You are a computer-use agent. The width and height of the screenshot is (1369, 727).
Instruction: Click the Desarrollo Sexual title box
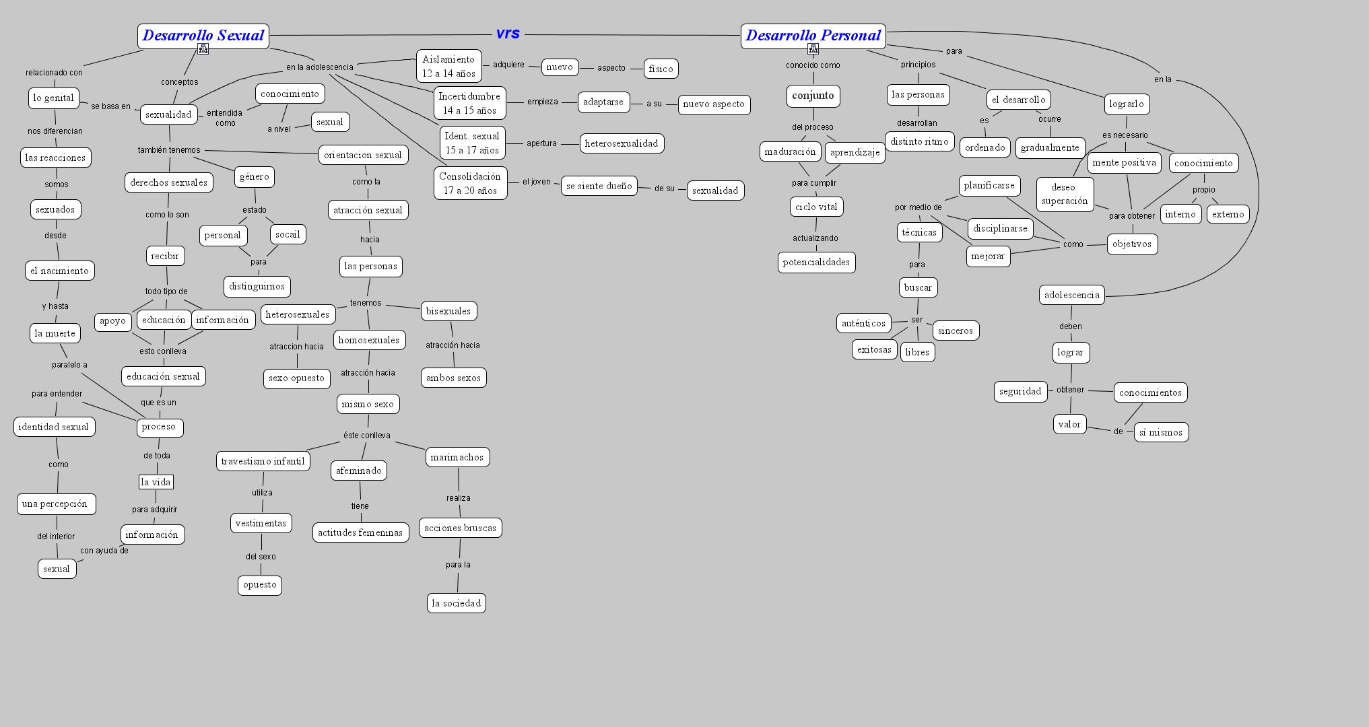pos(203,36)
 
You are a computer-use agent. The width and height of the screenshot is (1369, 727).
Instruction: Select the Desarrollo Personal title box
pos(813,36)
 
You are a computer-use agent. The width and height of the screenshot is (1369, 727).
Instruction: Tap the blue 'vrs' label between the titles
pos(508,34)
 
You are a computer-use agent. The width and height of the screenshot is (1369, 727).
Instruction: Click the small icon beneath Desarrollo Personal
pos(813,49)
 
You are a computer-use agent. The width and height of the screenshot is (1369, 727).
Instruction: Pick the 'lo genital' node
pos(54,98)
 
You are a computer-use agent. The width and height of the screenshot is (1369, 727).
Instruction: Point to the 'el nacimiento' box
pos(59,271)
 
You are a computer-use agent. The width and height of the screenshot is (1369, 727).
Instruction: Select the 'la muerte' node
pos(55,333)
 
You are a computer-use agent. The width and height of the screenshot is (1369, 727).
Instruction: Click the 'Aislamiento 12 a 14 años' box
pos(449,66)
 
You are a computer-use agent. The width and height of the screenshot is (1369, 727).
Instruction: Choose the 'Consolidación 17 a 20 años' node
pos(470,183)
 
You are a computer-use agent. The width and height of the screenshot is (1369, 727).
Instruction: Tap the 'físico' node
pos(661,69)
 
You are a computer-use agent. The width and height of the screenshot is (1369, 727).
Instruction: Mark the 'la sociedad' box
pos(456,603)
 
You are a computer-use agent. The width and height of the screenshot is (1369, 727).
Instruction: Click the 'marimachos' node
pos(457,457)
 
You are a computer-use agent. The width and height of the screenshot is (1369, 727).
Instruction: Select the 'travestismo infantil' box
pos(263,461)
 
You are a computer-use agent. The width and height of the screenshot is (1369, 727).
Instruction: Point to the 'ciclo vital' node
pos(816,207)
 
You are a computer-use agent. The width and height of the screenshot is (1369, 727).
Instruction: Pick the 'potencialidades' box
pos(816,262)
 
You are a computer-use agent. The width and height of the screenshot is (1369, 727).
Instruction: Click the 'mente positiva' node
pos(1124,162)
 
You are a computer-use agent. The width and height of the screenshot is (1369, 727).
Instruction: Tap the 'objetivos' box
pos(1132,244)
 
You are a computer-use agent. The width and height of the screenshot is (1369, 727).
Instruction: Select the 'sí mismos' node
pos(1161,432)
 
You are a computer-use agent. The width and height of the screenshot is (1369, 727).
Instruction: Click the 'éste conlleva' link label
pos(367,436)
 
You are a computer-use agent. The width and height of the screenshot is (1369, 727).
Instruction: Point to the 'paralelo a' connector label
pos(69,365)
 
